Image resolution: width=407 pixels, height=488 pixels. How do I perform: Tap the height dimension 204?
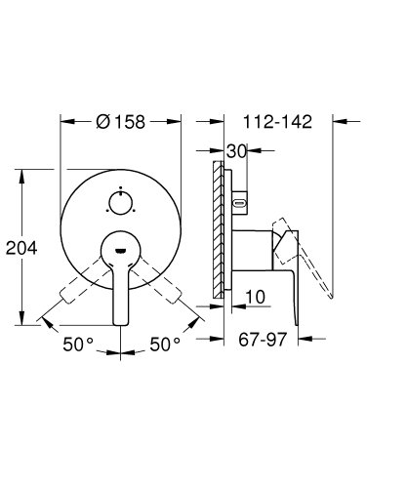[21, 248]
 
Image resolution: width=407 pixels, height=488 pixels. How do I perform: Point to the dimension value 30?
[234, 152]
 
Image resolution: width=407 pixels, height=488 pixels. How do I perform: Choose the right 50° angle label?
[165, 346]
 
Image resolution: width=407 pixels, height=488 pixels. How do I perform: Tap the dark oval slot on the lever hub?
[120, 252]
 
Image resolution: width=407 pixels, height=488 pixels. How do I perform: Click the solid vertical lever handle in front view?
[120, 293]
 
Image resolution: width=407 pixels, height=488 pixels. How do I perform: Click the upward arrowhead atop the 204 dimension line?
[21, 175]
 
